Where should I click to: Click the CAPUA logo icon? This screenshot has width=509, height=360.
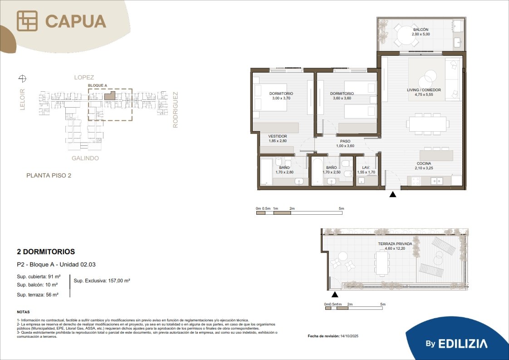coord(27,21)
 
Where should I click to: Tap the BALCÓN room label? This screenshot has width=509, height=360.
coord(421,30)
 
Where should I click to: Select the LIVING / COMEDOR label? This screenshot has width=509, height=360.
coord(424,90)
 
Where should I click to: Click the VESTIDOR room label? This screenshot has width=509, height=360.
coord(278,137)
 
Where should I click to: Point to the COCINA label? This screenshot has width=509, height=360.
coord(424,163)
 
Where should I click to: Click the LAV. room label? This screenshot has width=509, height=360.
coord(366,168)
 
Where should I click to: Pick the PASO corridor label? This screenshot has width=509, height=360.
coord(345,141)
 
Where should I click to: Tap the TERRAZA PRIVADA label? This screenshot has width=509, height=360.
coord(395,244)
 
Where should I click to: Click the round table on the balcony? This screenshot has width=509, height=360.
coord(406,35)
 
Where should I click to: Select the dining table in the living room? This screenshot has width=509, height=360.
coord(427,124)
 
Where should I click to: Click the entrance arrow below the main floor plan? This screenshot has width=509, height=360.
coord(393,194)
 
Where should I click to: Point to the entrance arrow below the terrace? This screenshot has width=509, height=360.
coord(335,294)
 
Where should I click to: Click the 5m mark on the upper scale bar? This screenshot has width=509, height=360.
coord(341,208)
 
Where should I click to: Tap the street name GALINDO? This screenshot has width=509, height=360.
coord(85,158)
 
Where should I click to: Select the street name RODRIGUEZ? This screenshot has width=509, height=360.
coord(175,110)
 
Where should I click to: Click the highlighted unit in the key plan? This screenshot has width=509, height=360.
coord(110,95)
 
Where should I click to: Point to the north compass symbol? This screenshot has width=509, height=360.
coord(22,78)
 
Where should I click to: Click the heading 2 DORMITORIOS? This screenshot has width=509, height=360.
coord(46,252)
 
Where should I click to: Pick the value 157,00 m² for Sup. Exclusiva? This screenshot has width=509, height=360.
coord(117,281)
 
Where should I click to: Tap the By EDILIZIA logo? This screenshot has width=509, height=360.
coord(456,344)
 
